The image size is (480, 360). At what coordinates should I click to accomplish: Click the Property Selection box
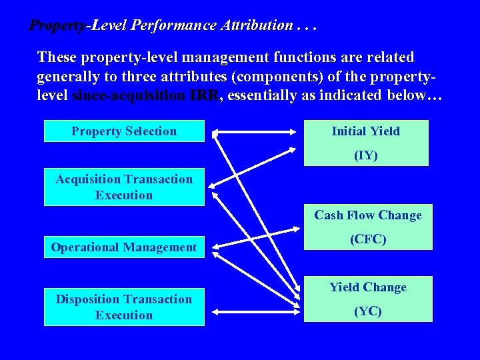pyautogui.click(x=124, y=131)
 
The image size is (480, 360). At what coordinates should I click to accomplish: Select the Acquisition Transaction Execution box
pyautogui.click(x=124, y=187)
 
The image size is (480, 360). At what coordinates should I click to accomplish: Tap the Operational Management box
pyautogui.click(x=124, y=247)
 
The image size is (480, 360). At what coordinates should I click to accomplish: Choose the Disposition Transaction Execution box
pyautogui.click(x=124, y=307)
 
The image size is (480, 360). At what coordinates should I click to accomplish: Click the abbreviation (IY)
pyautogui.click(x=365, y=155)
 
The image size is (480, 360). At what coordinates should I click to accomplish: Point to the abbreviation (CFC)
pyautogui.click(x=368, y=239)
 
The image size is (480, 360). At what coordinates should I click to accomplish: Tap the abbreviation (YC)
pyautogui.click(x=368, y=311)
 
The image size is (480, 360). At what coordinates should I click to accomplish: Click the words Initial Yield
pyautogui.click(x=365, y=131)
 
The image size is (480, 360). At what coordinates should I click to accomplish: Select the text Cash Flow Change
pyautogui.click(x=368, y=215)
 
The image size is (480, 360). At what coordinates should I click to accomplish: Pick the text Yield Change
pyautogui.click(x=368, y=287)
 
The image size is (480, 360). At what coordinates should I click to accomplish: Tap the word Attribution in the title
pyautogui.click(x=256, y=25)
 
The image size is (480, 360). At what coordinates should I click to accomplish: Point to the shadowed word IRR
pyautogui.click(x=203, y=95)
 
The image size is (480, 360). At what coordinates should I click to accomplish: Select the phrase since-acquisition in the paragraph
pyautogui.click(x=128, y=95)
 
